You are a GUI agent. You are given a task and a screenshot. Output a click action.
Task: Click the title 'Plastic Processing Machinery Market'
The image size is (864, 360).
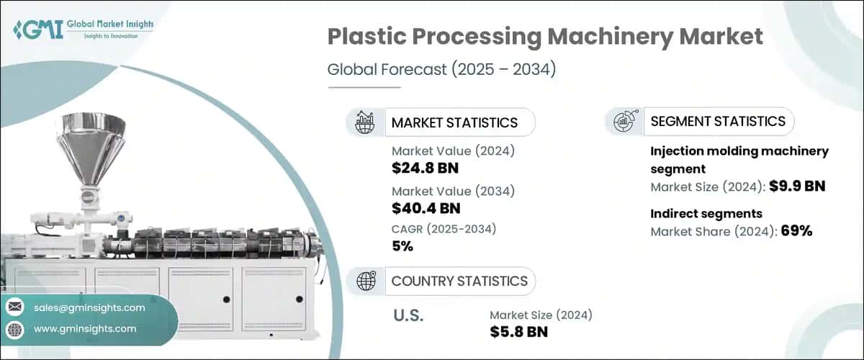[x=545, y=37]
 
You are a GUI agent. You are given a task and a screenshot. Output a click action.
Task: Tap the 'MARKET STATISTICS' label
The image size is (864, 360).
[x=454, y=122]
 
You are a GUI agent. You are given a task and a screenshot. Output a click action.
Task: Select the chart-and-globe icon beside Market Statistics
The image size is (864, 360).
[x=365, y=122]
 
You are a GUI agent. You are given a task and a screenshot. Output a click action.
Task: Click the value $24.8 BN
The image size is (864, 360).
[x=425, y=169]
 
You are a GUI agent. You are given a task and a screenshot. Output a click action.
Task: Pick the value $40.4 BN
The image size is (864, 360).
[x=426, y=209]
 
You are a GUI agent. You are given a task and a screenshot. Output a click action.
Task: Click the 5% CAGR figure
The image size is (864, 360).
[x=402, y=247]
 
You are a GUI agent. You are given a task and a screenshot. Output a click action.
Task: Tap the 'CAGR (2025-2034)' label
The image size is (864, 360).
[x=444, y=229]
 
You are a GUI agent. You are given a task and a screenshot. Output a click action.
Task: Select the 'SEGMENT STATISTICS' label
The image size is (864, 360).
[x=718, y=122]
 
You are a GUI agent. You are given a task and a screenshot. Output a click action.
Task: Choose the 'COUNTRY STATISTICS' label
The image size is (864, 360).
[x=459, y=281]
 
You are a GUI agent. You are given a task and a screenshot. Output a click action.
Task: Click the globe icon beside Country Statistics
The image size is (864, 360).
[x=365, y=281]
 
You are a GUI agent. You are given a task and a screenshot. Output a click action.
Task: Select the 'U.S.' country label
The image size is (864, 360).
[x=408, y=315]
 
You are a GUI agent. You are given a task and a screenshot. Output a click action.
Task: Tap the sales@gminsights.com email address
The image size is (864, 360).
[x=89, y=307]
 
